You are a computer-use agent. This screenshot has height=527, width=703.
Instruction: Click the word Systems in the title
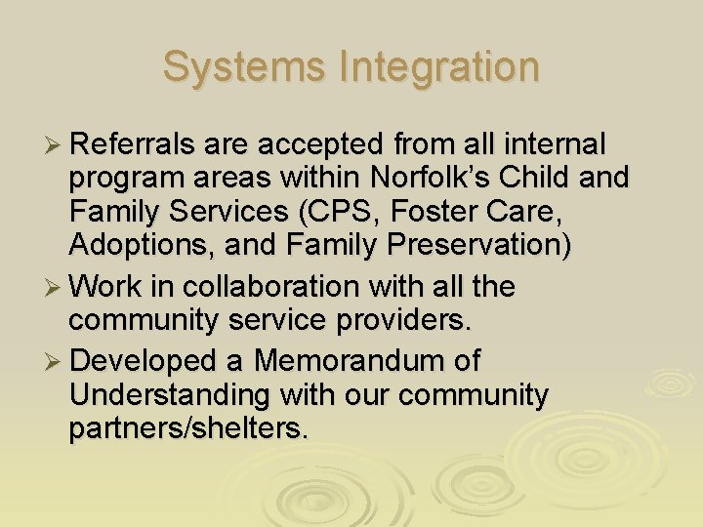[243, 67]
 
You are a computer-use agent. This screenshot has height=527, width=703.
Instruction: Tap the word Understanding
[168, 395]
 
